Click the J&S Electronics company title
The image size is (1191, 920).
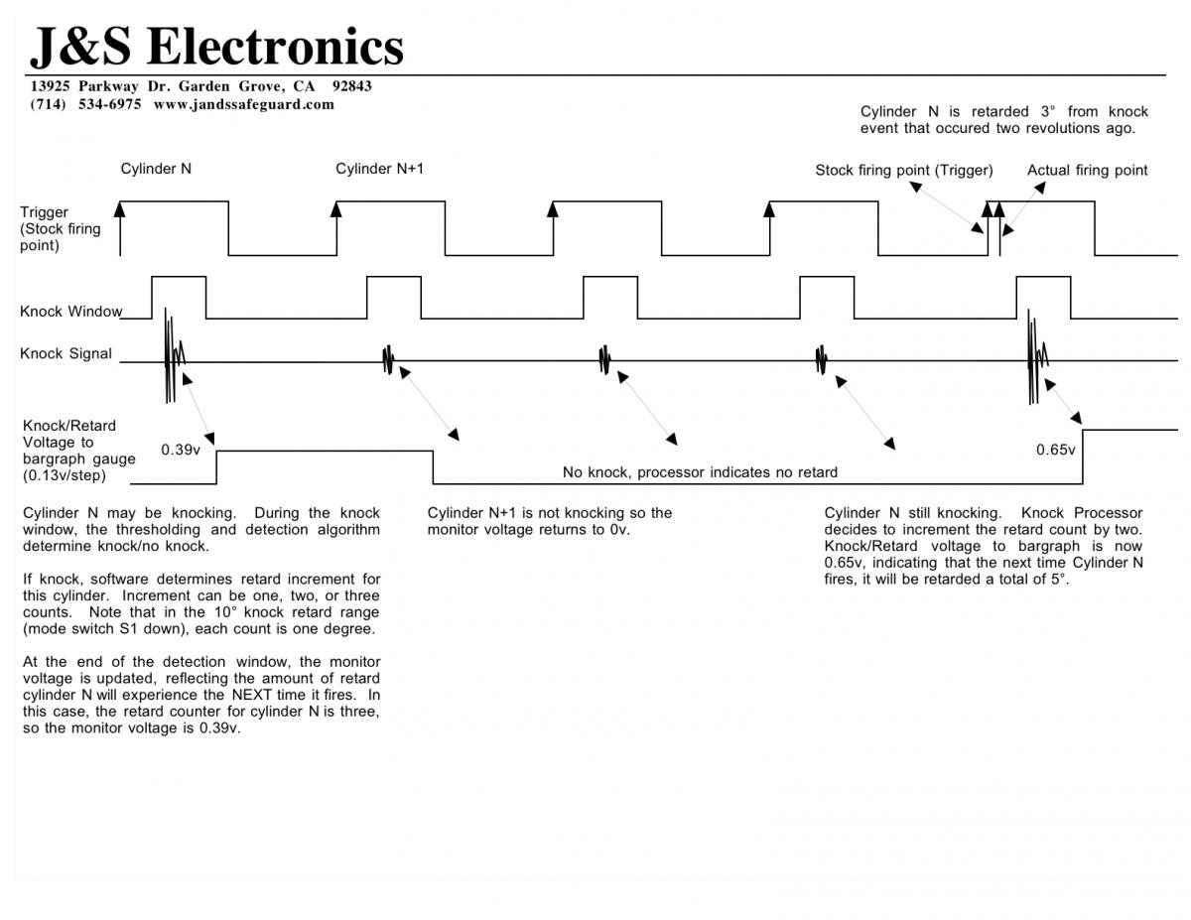coord(216,46)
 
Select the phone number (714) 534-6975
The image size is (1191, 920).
coord(85,104)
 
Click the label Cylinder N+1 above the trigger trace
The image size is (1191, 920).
coord(379,169)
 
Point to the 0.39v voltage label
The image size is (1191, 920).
coord(181,450)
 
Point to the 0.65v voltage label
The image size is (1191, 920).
coord(1056,450)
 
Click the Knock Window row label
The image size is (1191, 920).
coord(70,312)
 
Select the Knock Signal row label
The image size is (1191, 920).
coord(66,353)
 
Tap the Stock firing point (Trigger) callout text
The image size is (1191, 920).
coord(904,171)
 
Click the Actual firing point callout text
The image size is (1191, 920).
coord(1087,171)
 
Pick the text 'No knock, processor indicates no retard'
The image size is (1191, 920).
coord(700,472)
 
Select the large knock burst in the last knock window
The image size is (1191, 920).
coord(1036,358)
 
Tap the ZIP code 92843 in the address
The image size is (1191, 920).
coord(352,86)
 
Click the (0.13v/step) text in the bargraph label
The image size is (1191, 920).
coord(65,475)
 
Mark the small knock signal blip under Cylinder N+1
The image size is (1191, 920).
coord(389,360)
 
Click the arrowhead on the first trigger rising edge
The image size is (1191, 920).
coord(120,208)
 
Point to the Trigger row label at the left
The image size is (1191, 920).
coord(44,212)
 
